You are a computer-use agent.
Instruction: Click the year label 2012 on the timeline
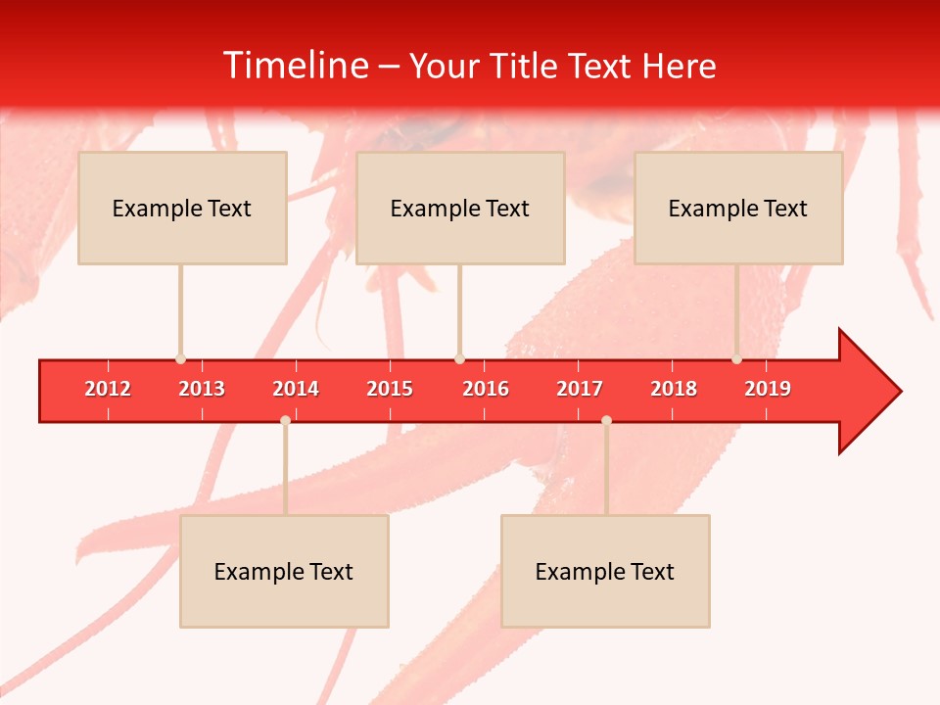[108, 389]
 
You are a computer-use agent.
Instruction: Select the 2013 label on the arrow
[202, 389]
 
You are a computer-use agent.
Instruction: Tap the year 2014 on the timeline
[296, 389]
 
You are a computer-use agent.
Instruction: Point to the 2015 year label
[390, 389]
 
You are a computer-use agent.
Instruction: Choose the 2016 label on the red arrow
[486, 389]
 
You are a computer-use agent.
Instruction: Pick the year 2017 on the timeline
[580, 389]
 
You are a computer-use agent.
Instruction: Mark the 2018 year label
[674, 389]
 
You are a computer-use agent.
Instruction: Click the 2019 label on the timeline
[768, 389]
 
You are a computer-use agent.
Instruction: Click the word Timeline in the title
[295, 66]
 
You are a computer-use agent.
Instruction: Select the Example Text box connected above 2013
[182, 208]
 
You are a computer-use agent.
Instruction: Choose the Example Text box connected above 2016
[460, 208]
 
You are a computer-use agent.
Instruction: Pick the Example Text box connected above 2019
[738, 208]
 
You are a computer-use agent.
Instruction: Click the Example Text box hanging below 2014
[284, 571]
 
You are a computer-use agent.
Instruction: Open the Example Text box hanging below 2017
[605, 571]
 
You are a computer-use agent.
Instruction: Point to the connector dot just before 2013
[180, 359]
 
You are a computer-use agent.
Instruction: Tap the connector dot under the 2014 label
[285, 420]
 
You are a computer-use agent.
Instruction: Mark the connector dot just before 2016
[459, 359]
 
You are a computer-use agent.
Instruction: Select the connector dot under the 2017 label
[606, 420]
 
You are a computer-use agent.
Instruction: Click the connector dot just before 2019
[736, 359]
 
